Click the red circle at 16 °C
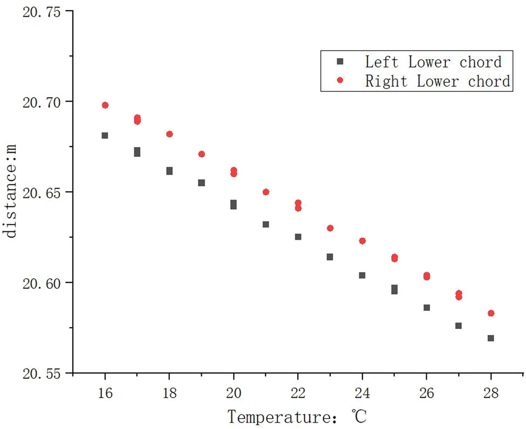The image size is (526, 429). pos(105,105)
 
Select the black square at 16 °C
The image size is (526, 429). pos(105,136)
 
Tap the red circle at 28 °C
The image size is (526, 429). pos(491,313)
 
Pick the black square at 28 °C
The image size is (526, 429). pos(491,338)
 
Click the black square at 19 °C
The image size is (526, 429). pos(202,183)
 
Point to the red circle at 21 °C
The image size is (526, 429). pos(266,192)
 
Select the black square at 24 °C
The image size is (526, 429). pos(363,275)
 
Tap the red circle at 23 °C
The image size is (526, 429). pos(330,229)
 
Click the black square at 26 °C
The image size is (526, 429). pos(427,308)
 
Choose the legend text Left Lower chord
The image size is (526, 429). pos(433,62)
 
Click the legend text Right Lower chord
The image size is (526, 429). pos(438,81)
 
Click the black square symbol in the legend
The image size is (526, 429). pos(340,62)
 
